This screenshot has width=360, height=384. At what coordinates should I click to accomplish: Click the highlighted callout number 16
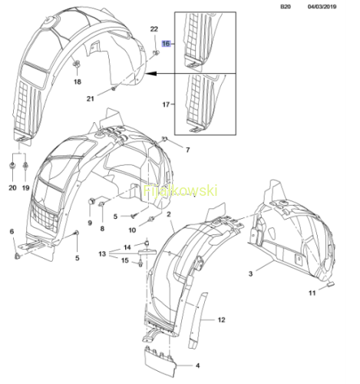(x=166, y=44)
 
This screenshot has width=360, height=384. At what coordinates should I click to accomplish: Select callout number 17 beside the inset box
(x=166, y=104)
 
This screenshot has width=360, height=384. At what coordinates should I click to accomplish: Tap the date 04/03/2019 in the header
(x=322, y=7)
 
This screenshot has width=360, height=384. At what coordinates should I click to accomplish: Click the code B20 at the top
(x=286, y=7)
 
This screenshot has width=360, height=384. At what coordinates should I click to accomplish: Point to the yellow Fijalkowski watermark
(x=180, y=190)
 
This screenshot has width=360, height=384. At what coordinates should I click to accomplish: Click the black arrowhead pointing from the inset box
(x=151, y=74)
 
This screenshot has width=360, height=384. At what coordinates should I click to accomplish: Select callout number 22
(x=154, y=29)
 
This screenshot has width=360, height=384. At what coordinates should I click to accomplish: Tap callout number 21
(x=91, y=98)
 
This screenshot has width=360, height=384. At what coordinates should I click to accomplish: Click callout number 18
(x=78, y=81)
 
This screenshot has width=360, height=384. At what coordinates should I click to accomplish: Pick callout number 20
(x=12, y=187)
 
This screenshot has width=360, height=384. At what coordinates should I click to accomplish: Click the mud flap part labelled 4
(x=160, y=361)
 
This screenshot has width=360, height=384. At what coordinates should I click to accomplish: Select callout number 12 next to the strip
(x=221, y=319)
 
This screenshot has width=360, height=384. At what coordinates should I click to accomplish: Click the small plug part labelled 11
(x=331, y=283)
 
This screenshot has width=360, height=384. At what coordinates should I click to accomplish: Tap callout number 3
(x=250, y=273)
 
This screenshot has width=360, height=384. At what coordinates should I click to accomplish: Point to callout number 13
(x=102, y=253)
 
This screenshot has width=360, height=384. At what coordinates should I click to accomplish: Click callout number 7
(x=188, y=150)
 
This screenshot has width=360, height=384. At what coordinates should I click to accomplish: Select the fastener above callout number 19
(x=25, y=166)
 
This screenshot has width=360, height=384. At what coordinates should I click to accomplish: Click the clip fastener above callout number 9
(x=91, y=201)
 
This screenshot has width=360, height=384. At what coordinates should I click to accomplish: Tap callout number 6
(x=12, y=231)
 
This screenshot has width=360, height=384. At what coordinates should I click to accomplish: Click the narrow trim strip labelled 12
(x=198, y=320)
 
